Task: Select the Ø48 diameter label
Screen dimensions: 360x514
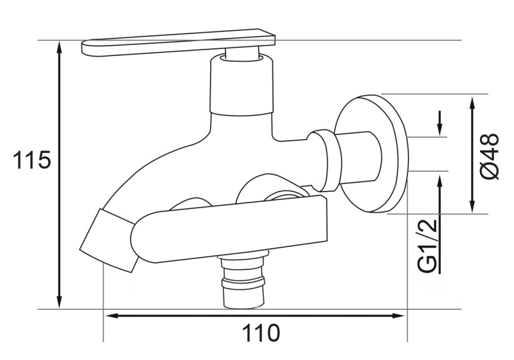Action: pyautogui.click(x=489, y=157)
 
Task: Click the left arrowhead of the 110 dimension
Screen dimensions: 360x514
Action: pyautogui.click(x=111, y=315)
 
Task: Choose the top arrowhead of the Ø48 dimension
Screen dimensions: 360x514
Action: pyautogui.click(x=472, y=102)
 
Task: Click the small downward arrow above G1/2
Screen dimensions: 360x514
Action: pyautogui.click(x=441, y=129)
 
